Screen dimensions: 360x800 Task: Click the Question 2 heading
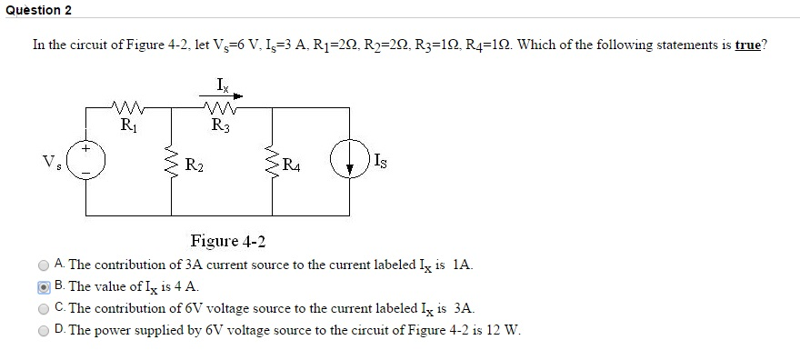[x=37, y=10]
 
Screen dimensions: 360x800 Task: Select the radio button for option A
[x=44, y=265]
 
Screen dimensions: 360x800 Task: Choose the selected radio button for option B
[x=44, y=287]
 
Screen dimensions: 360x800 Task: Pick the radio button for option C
[x=44, y=309]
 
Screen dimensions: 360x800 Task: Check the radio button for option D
[x=44, y=331]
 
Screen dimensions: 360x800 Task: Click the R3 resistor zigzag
[x=221, y=107]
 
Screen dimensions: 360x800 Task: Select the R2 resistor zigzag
[x=173, y=165]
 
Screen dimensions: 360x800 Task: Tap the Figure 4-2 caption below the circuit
[x=228, y=241]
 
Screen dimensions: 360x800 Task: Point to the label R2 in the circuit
[x=194, y=165]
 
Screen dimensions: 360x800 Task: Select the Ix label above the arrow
[x=223, y=85]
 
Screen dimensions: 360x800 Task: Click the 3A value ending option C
[x=463, y=309]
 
